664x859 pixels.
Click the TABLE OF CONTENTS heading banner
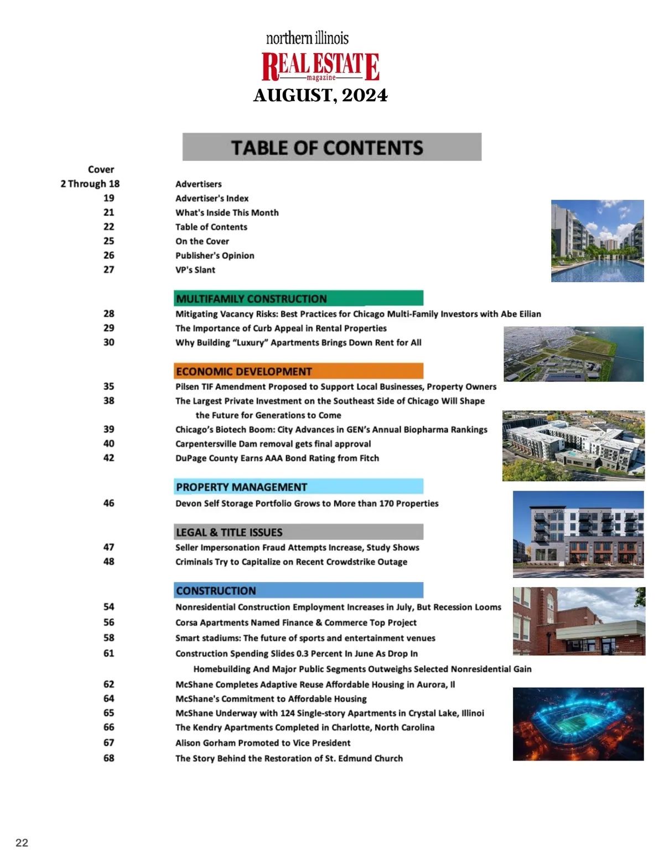tap(331, 147)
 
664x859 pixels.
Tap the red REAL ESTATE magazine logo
tap(320, 66)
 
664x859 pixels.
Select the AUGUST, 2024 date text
tap(320, 96)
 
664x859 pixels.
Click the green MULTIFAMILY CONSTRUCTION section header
tap(298, 299)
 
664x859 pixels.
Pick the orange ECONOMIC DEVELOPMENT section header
tap(298, 371)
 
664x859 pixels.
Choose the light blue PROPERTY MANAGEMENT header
tap(298, 487)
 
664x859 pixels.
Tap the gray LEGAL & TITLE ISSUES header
tap(298, 532)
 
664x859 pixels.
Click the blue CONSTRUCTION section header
tap(298, 591)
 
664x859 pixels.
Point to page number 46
tap(109, 503)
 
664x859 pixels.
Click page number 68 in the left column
tap(109, 758)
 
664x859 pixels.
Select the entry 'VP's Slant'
tap(195, 270)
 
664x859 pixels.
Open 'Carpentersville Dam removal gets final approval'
tap(273, 444)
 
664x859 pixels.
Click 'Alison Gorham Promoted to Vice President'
tap(263, 743)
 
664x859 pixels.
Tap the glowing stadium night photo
tap(578, 723)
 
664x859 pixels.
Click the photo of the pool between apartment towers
tap(597, 241)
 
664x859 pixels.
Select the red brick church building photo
tap(578, 621)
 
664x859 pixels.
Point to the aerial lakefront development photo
tap(573, 354)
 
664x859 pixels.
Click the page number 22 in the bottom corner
tap(22, 843)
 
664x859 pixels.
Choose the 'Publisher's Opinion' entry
tap(215, 256)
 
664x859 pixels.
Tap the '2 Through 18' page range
tap(90, 184)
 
